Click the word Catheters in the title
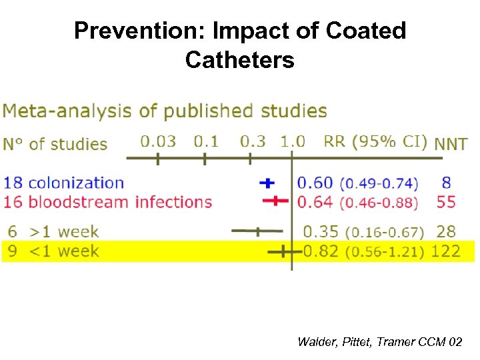(240, 60)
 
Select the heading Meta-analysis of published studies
(165, 111)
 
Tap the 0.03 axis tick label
(158, 141)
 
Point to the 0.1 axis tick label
(206, 141)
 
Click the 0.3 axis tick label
(252, 141)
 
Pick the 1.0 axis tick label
(292, 141)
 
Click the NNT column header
(451, 143)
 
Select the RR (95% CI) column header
(375, 142)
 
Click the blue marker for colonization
(267, 182)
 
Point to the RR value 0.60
(315, 183)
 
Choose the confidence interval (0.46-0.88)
(379, 202)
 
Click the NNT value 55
(447, 201)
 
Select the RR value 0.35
(321, 232)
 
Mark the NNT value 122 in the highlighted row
(445, 251)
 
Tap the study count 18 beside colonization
(14, 183)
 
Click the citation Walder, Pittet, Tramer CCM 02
(379, 342)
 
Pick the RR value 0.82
(321, 251)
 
